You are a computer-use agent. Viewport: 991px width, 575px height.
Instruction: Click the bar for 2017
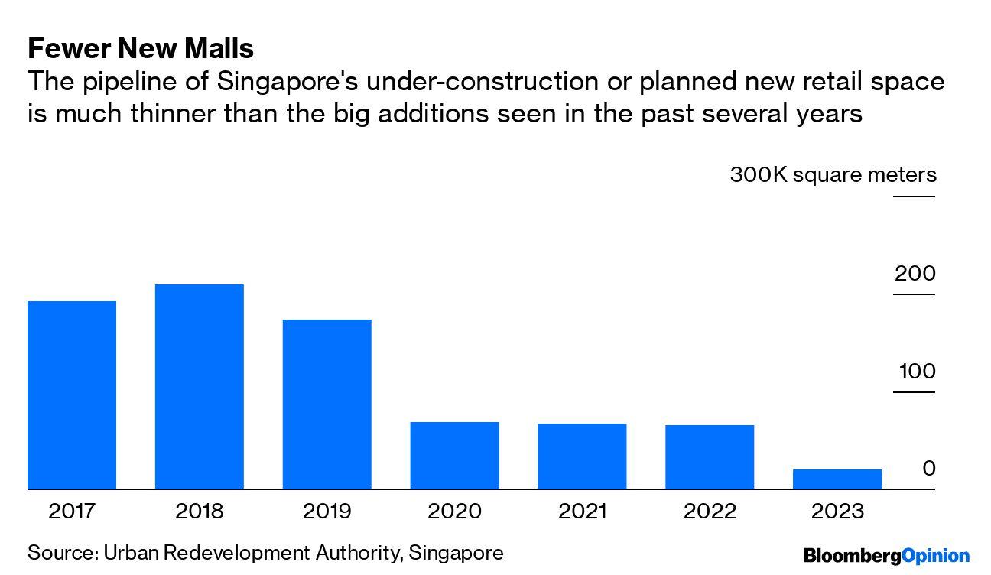(72, 395)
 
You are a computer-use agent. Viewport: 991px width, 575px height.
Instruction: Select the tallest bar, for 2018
(200, 387)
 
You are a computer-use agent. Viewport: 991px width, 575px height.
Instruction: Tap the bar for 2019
(327, 404)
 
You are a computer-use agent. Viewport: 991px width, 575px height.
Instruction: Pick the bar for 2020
(454, 456)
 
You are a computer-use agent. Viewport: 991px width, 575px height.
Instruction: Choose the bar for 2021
(582, 456)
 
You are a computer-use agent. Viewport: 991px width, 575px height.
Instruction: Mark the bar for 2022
(710, 457)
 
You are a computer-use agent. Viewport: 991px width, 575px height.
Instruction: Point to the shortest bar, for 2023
(837, 479)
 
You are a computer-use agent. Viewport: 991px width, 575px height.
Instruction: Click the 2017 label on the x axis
(72, 511)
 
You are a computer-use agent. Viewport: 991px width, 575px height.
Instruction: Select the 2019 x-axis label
(327, 511)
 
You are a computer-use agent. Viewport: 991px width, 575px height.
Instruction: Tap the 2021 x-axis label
(582, 511)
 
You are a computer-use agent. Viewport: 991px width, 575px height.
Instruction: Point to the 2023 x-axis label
(837, 511)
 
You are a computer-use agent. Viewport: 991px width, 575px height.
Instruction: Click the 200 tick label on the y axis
(915, 274)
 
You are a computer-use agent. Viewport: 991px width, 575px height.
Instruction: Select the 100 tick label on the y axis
(917, 372)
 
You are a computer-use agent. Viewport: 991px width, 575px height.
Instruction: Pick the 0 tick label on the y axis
(929, 469)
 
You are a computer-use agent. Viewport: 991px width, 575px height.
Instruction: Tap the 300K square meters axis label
(833, 175)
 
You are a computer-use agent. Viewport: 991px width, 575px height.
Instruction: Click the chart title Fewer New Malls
(141, 49)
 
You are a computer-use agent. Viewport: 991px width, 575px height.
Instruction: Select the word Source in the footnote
(60, 553)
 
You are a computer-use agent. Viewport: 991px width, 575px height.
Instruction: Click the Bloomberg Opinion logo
(886, 556)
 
